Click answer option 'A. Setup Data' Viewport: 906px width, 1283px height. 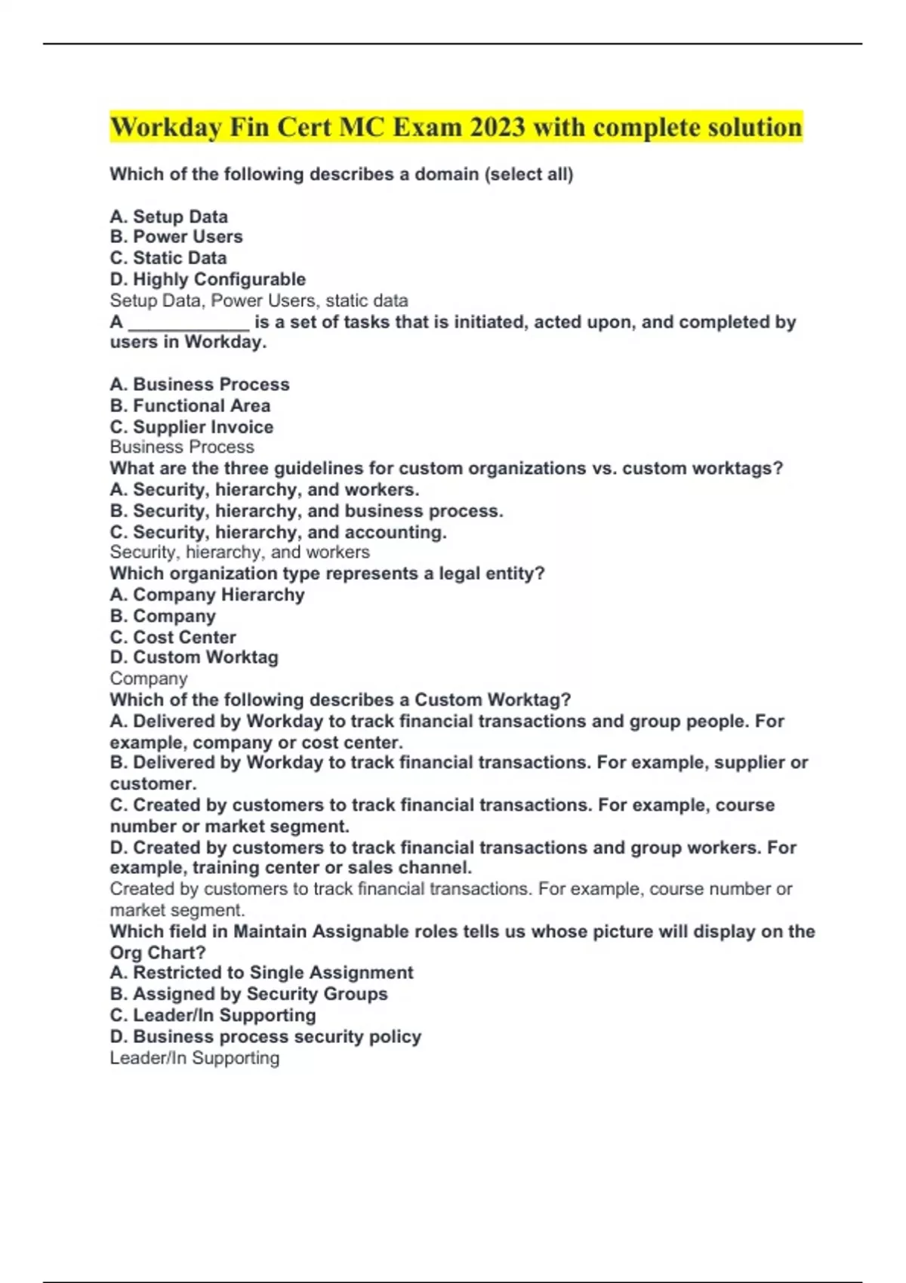(168, 217)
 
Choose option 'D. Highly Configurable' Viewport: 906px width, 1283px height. (208, 279)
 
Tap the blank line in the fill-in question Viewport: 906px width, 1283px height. (189, 323)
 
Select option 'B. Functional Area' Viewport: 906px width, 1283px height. (190, 405)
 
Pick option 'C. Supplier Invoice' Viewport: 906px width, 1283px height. (192, 426)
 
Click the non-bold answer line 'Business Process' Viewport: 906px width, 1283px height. (182, 447)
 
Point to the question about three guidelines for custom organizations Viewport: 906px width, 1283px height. (446, 468)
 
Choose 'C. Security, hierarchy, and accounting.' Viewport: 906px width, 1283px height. (278, 532)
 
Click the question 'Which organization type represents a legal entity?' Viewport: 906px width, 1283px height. (327, 574)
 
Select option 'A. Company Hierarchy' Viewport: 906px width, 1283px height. (207, 595)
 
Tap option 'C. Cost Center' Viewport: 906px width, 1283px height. (173, 637)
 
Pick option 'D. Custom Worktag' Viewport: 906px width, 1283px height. (194, 657)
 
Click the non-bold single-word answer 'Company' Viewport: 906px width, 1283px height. (149, 678)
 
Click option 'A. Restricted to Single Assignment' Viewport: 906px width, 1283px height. (261, 972)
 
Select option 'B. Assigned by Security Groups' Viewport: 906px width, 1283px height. (248, 994)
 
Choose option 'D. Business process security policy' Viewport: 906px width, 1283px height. (265, 1036)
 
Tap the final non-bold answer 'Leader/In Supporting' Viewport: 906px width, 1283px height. (195, 1057)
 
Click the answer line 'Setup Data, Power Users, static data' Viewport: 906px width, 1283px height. (259, 300)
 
